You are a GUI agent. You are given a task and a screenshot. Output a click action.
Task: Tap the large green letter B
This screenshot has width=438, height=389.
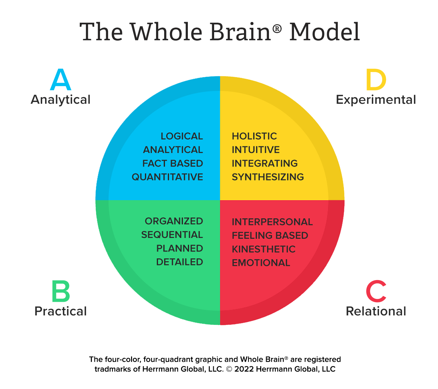(61, 291)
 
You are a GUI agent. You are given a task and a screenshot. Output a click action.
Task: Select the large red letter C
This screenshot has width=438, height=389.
(376, 291)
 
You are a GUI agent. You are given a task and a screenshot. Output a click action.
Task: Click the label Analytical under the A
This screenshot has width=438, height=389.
(61, 100)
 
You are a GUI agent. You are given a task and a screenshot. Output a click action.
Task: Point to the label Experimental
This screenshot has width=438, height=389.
(376, 100)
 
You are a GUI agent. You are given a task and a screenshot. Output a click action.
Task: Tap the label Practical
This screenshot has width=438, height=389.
(61, 311)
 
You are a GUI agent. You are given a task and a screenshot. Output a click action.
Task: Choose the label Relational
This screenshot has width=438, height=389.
(376, 311)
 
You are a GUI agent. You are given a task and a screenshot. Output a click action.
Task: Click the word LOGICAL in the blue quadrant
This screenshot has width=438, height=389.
(182, 136)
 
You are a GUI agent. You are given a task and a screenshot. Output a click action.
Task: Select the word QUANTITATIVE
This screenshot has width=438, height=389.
(167, 177)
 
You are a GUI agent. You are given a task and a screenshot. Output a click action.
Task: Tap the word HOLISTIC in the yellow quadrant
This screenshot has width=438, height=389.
(254, 136)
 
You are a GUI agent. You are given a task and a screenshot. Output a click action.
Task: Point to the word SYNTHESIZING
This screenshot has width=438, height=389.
(268, 177)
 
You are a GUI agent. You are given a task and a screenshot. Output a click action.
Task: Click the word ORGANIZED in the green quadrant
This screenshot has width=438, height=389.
(174, 221)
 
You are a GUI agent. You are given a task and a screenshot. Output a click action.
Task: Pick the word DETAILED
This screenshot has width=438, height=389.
(179, 262)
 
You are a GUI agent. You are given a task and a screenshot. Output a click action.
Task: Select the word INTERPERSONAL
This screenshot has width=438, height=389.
(272, 222)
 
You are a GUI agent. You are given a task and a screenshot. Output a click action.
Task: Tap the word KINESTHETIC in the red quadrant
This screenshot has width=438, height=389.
(263, 249)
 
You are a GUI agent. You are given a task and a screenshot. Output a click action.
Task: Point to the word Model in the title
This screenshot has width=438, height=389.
(324, 32)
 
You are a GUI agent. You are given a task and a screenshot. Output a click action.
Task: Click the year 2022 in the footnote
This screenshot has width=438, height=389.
(244, 369)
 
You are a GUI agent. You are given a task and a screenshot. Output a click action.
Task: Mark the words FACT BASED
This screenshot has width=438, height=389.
(173, 163)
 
